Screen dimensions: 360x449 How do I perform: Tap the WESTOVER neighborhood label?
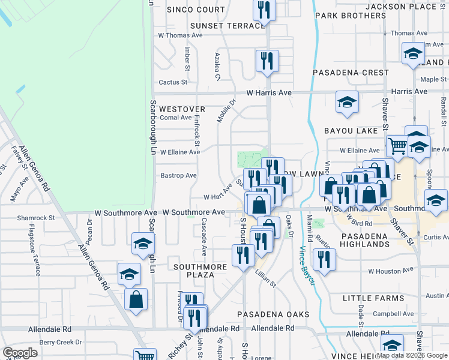coord(182,109)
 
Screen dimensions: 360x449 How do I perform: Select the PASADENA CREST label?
coord(351,73)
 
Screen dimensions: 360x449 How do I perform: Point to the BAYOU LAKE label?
coord(351,130)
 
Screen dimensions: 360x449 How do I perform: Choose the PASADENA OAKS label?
coord(273,314)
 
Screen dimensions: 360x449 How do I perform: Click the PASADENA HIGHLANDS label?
coord(366,241)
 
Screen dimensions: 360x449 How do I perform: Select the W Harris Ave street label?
coord(269,93)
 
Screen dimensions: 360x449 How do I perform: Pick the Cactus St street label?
coord(173,82)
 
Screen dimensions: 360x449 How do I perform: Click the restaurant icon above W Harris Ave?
coord(266,61)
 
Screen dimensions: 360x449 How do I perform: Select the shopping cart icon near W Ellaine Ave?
coord(397,145)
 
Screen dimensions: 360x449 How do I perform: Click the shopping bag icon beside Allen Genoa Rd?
coord(136,298)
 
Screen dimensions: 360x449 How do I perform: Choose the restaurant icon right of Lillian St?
coord(324,259)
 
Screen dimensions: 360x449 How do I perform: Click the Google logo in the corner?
coord(20,353)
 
